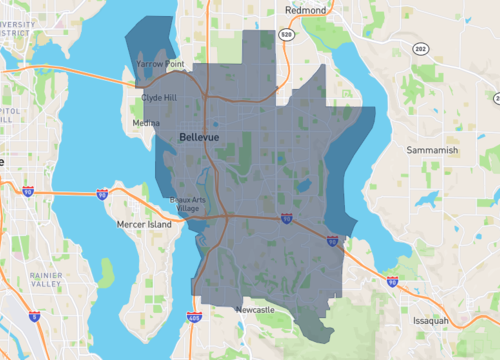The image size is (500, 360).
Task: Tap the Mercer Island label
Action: click(145, 224)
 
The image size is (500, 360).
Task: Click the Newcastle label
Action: click(255, 311)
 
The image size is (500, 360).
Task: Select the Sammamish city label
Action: click(432, 150)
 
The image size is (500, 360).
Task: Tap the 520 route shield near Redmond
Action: click(286, 34)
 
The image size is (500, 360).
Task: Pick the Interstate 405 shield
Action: click(195, 318)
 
